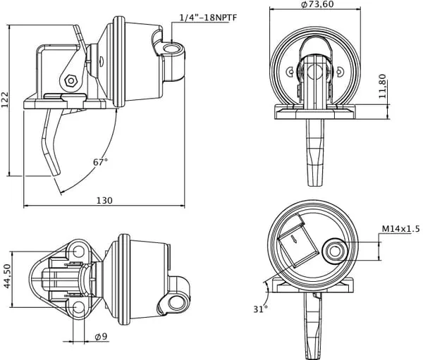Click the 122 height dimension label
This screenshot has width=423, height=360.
5,100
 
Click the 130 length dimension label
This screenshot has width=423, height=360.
104,201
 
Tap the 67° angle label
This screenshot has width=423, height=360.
100,162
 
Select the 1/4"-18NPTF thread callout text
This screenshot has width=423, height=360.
208,18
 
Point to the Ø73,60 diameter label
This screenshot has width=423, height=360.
317,4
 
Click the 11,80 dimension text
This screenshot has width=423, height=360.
383,86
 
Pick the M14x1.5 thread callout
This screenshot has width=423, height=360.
401,229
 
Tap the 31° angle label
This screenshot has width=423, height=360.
260,309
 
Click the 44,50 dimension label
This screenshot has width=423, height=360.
8,276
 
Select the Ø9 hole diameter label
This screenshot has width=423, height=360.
101,336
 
